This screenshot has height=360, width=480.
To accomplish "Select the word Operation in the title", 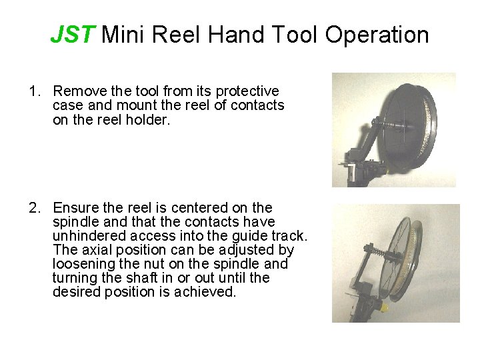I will click(x=377, y=35).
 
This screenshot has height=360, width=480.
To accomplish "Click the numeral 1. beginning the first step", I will click(x=35, y=91).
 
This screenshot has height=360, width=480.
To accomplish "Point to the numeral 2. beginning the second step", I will click(x=35, y=208).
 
